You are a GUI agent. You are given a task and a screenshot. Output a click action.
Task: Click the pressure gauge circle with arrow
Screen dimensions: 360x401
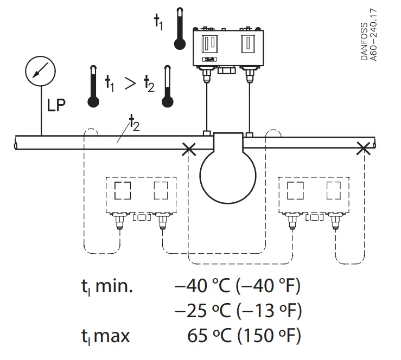(41, 73)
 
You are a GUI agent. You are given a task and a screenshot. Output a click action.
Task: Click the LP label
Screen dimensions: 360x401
(56, 105)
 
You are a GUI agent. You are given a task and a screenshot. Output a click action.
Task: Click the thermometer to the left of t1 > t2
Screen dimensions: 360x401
(93, 87)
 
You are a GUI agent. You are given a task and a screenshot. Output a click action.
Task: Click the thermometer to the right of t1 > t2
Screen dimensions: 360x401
(168, 87)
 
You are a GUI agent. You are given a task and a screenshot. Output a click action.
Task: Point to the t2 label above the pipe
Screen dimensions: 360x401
(133, 124)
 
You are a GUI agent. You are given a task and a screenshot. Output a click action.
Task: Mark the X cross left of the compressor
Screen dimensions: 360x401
(189, 149)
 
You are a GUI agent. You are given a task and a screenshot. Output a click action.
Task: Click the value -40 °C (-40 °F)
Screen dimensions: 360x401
(237, 286)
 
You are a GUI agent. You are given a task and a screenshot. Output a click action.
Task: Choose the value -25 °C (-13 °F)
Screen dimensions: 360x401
(237, 311)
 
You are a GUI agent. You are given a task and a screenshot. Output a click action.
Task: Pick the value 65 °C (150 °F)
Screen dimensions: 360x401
(244, 336)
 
